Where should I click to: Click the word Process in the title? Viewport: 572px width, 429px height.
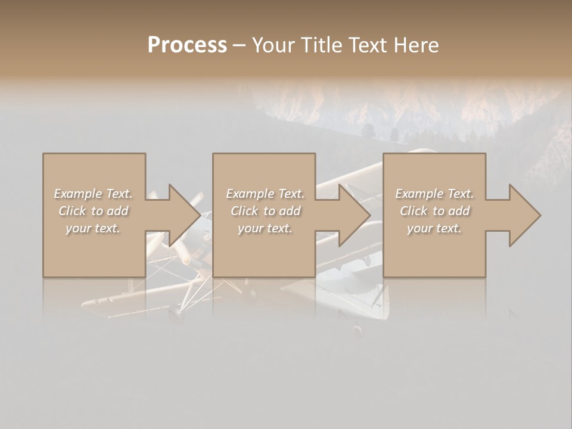tap(187, 45)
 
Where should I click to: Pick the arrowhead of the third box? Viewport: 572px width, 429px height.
tap(524, 215)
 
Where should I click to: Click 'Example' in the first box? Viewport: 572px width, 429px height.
tap(78, 194)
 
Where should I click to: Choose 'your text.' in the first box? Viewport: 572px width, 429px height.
tap(93, 228)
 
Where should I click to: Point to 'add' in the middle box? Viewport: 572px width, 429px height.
tap(290, 211)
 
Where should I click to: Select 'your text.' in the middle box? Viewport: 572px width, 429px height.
tap(265, 228)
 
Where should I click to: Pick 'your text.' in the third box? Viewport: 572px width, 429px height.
tap(434, 228)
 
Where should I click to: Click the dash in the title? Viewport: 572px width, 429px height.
tap(240, 45)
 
